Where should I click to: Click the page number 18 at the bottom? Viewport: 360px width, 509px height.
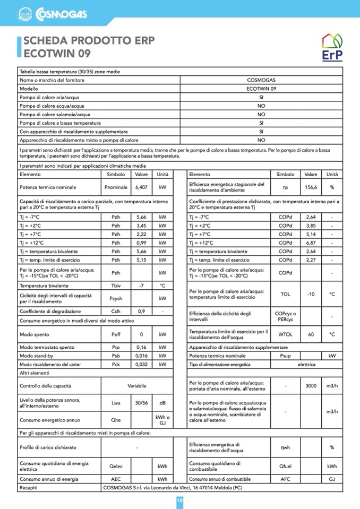click(180, 501)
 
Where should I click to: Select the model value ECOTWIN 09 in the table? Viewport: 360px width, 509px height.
click(261, 89)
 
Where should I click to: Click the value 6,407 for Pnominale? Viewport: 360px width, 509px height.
click(141, 187)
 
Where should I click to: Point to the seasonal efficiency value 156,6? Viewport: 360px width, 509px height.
click(311, 187)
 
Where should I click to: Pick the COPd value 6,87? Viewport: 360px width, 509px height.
click(311, 243)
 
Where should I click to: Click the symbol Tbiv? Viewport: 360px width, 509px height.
click(116, 286)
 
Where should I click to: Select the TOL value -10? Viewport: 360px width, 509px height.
click(311, 294)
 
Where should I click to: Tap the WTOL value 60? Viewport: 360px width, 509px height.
click(311, 334)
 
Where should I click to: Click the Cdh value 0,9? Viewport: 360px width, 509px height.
click(141, 311)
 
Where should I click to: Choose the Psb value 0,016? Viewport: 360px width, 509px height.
click(141, 356)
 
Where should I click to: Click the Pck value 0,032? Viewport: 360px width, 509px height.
click(141, 365)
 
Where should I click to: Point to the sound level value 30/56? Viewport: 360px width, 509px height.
click(141, 402)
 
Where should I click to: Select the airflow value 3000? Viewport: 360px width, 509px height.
click(311, 385)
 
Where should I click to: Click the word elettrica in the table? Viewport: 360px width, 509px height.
click(306, 365)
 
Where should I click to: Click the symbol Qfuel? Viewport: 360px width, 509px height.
click(285, 466)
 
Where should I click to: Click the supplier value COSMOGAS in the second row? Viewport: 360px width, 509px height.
click(261, 80)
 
